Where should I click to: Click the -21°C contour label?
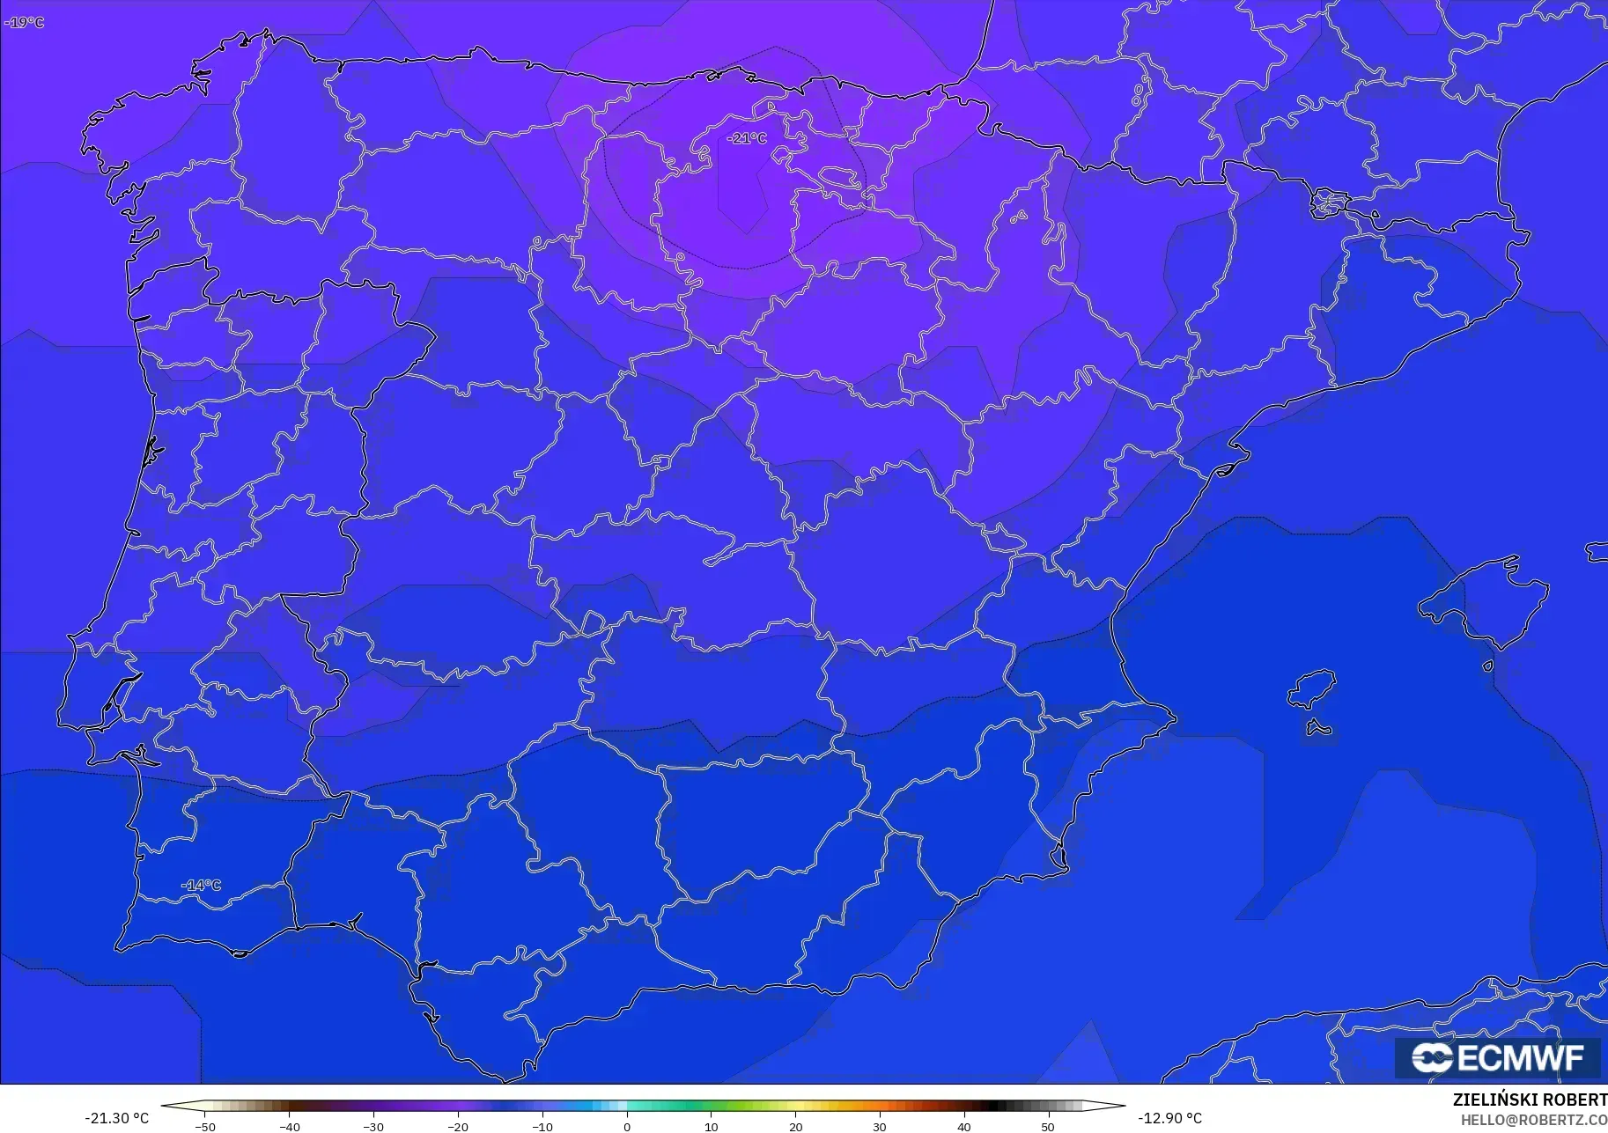(747, 138)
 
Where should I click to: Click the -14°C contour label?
(202, 885)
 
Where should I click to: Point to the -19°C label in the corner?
(24, 22)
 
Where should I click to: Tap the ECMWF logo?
(1497, 1057)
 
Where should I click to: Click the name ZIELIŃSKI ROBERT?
(1530, 1100)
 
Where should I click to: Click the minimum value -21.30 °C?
(116, 1118)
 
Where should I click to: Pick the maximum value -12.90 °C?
(1169, 1118)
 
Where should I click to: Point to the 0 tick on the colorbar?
(627, 1127)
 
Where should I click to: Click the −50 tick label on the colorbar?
(204, 1127)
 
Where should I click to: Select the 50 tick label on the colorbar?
(1048, 1127)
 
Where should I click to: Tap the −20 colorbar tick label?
(457, 1127)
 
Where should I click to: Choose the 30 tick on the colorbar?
(880, 1127)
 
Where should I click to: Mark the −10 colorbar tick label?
(542, 1127)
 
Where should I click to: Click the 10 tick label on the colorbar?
(712, 1127)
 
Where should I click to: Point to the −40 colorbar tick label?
(289, 1127)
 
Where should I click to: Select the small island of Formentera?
(1318, 728)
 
